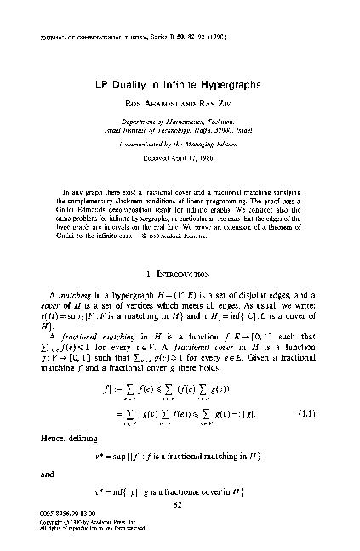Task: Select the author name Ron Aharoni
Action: pos(155,106)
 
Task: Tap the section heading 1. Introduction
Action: pos(181,251)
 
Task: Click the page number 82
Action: pos(180,503)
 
